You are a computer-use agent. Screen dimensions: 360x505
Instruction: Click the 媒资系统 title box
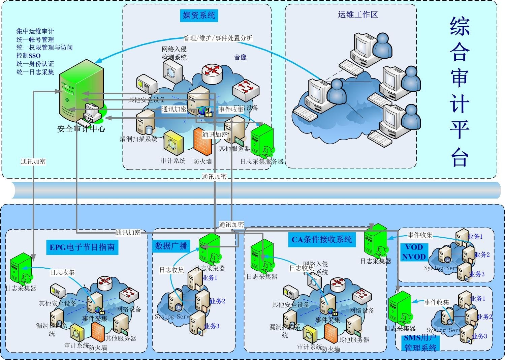(199, 15)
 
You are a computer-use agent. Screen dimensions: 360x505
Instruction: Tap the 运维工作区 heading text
(357, 14)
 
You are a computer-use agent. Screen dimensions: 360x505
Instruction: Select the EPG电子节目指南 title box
(82, 247)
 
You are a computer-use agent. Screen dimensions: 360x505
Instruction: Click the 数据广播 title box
(171, 246)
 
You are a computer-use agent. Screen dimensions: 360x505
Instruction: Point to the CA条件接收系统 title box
(322, 239)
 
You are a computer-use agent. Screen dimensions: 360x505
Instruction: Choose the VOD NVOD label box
(414, 252)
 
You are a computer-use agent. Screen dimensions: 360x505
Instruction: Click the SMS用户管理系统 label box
(420, 343)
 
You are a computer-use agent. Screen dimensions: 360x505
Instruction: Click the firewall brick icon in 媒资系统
(202, 142)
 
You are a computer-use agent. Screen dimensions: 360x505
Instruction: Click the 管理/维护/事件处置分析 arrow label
(218, 38)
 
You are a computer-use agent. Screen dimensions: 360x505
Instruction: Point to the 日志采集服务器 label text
(262, 162)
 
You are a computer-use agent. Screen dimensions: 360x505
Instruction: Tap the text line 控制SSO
(28, 56)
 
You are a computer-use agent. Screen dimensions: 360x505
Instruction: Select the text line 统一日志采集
(35, 72)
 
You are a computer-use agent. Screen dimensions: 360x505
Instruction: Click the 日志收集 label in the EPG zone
(62, 272)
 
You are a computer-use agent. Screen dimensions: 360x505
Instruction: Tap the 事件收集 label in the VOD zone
(420, 235)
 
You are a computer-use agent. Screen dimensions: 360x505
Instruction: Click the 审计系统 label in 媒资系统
(173, 161)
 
